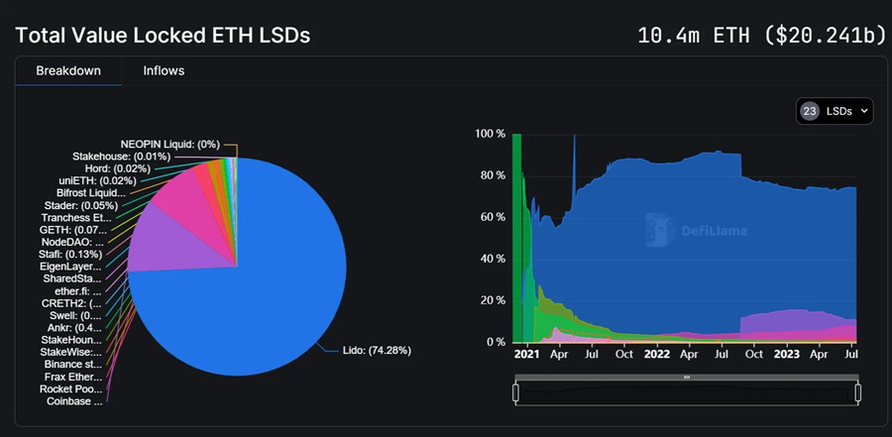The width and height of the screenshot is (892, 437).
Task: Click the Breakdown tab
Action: [x=67, y=71]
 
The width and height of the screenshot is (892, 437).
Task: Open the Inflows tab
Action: [x=164, y=71]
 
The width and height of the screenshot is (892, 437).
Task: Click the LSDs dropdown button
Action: [x=834, y=111]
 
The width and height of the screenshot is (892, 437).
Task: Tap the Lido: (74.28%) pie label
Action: [x=377, y=351]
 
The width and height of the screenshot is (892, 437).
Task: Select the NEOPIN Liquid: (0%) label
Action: [x=170, y=144]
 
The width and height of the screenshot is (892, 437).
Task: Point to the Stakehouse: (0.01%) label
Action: [x=121, y=157]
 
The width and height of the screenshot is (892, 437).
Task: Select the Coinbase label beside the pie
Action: [x=74, y=401]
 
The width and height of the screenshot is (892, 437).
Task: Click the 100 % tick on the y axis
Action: [x=491, y=133]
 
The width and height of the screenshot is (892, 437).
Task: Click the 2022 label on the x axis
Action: [x=656, y=353]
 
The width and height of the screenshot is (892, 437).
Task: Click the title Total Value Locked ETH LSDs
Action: [x=163, y=36]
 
